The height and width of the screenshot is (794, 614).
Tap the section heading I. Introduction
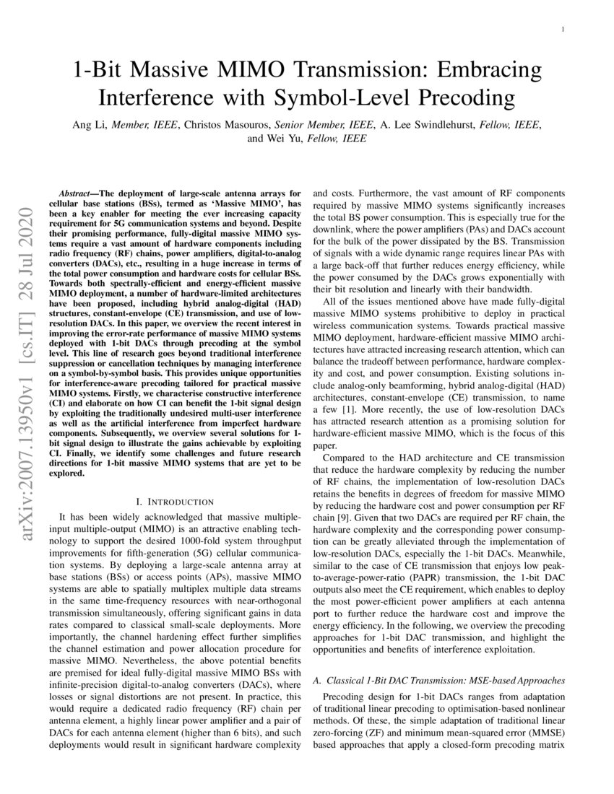pos(175,501)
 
